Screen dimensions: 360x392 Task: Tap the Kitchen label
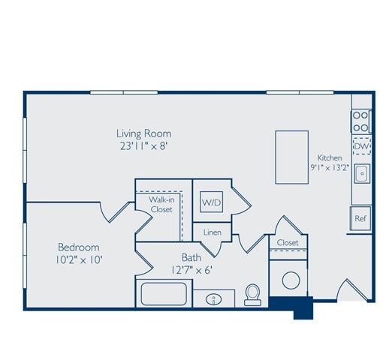[330, 158]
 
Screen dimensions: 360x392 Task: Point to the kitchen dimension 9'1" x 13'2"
[330, 168]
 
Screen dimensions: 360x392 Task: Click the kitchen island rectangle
[291, 157]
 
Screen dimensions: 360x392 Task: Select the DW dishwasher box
[361, 145]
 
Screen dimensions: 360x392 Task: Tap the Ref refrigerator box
[360, 219]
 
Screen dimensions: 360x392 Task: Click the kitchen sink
[361, 174]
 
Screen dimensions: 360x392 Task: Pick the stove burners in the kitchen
[361, 121]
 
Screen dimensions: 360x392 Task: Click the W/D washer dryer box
[210, 202]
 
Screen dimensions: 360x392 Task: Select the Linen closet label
[212, 233]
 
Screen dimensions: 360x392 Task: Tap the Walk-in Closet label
[161, 205]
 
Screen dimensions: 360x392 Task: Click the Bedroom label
[79, 247]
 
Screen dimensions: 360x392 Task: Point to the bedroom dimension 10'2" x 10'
[80, 260]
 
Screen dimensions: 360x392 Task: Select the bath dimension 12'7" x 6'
[191, 269]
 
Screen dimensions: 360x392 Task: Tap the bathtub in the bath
[163, 293]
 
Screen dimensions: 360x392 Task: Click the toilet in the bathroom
[252, 295]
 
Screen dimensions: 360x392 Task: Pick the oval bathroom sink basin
[214, 299]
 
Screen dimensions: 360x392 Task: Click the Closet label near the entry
[288, 243]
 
